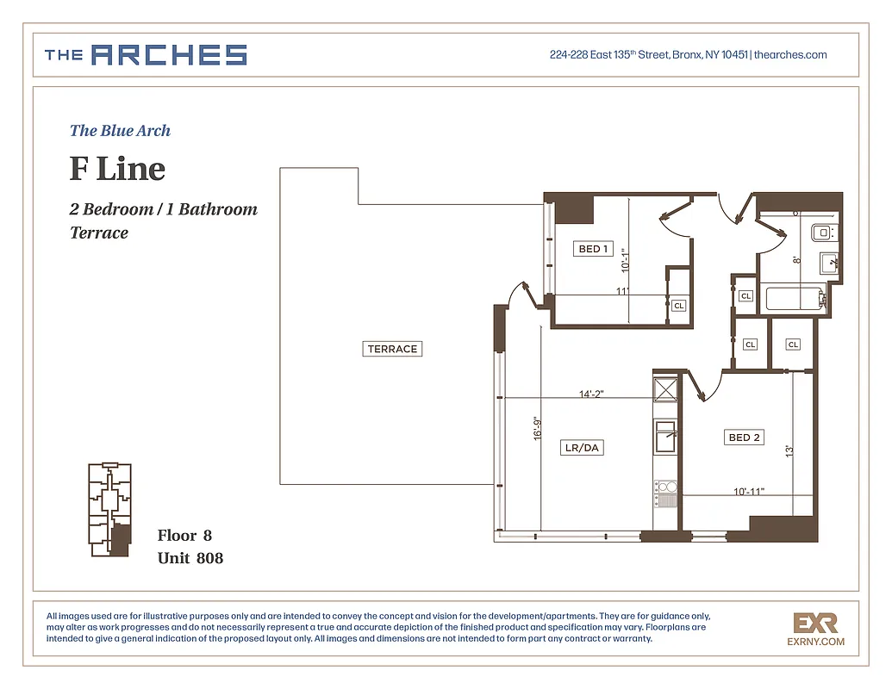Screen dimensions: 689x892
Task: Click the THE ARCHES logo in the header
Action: tap(146, 55)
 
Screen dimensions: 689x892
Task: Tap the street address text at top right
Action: tap(688, 55)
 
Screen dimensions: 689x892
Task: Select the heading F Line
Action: tap(117, 169)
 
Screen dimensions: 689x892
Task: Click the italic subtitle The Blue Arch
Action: tap(120, 131)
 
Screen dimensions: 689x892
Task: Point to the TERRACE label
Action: tap(392, 349)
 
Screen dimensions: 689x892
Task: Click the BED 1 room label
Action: tap(593, 249)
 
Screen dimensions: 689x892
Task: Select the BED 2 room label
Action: tap(744, 438)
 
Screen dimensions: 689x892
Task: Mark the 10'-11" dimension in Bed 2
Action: tap(748, 491)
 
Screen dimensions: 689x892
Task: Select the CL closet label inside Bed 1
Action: tap(678, 306)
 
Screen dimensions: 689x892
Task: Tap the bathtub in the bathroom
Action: tap(794, 298)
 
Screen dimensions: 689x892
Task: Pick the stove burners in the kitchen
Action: tap(665, 492)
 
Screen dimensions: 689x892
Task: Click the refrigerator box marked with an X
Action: tap(665, 388)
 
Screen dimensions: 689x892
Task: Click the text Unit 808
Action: tap(190, 558)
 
